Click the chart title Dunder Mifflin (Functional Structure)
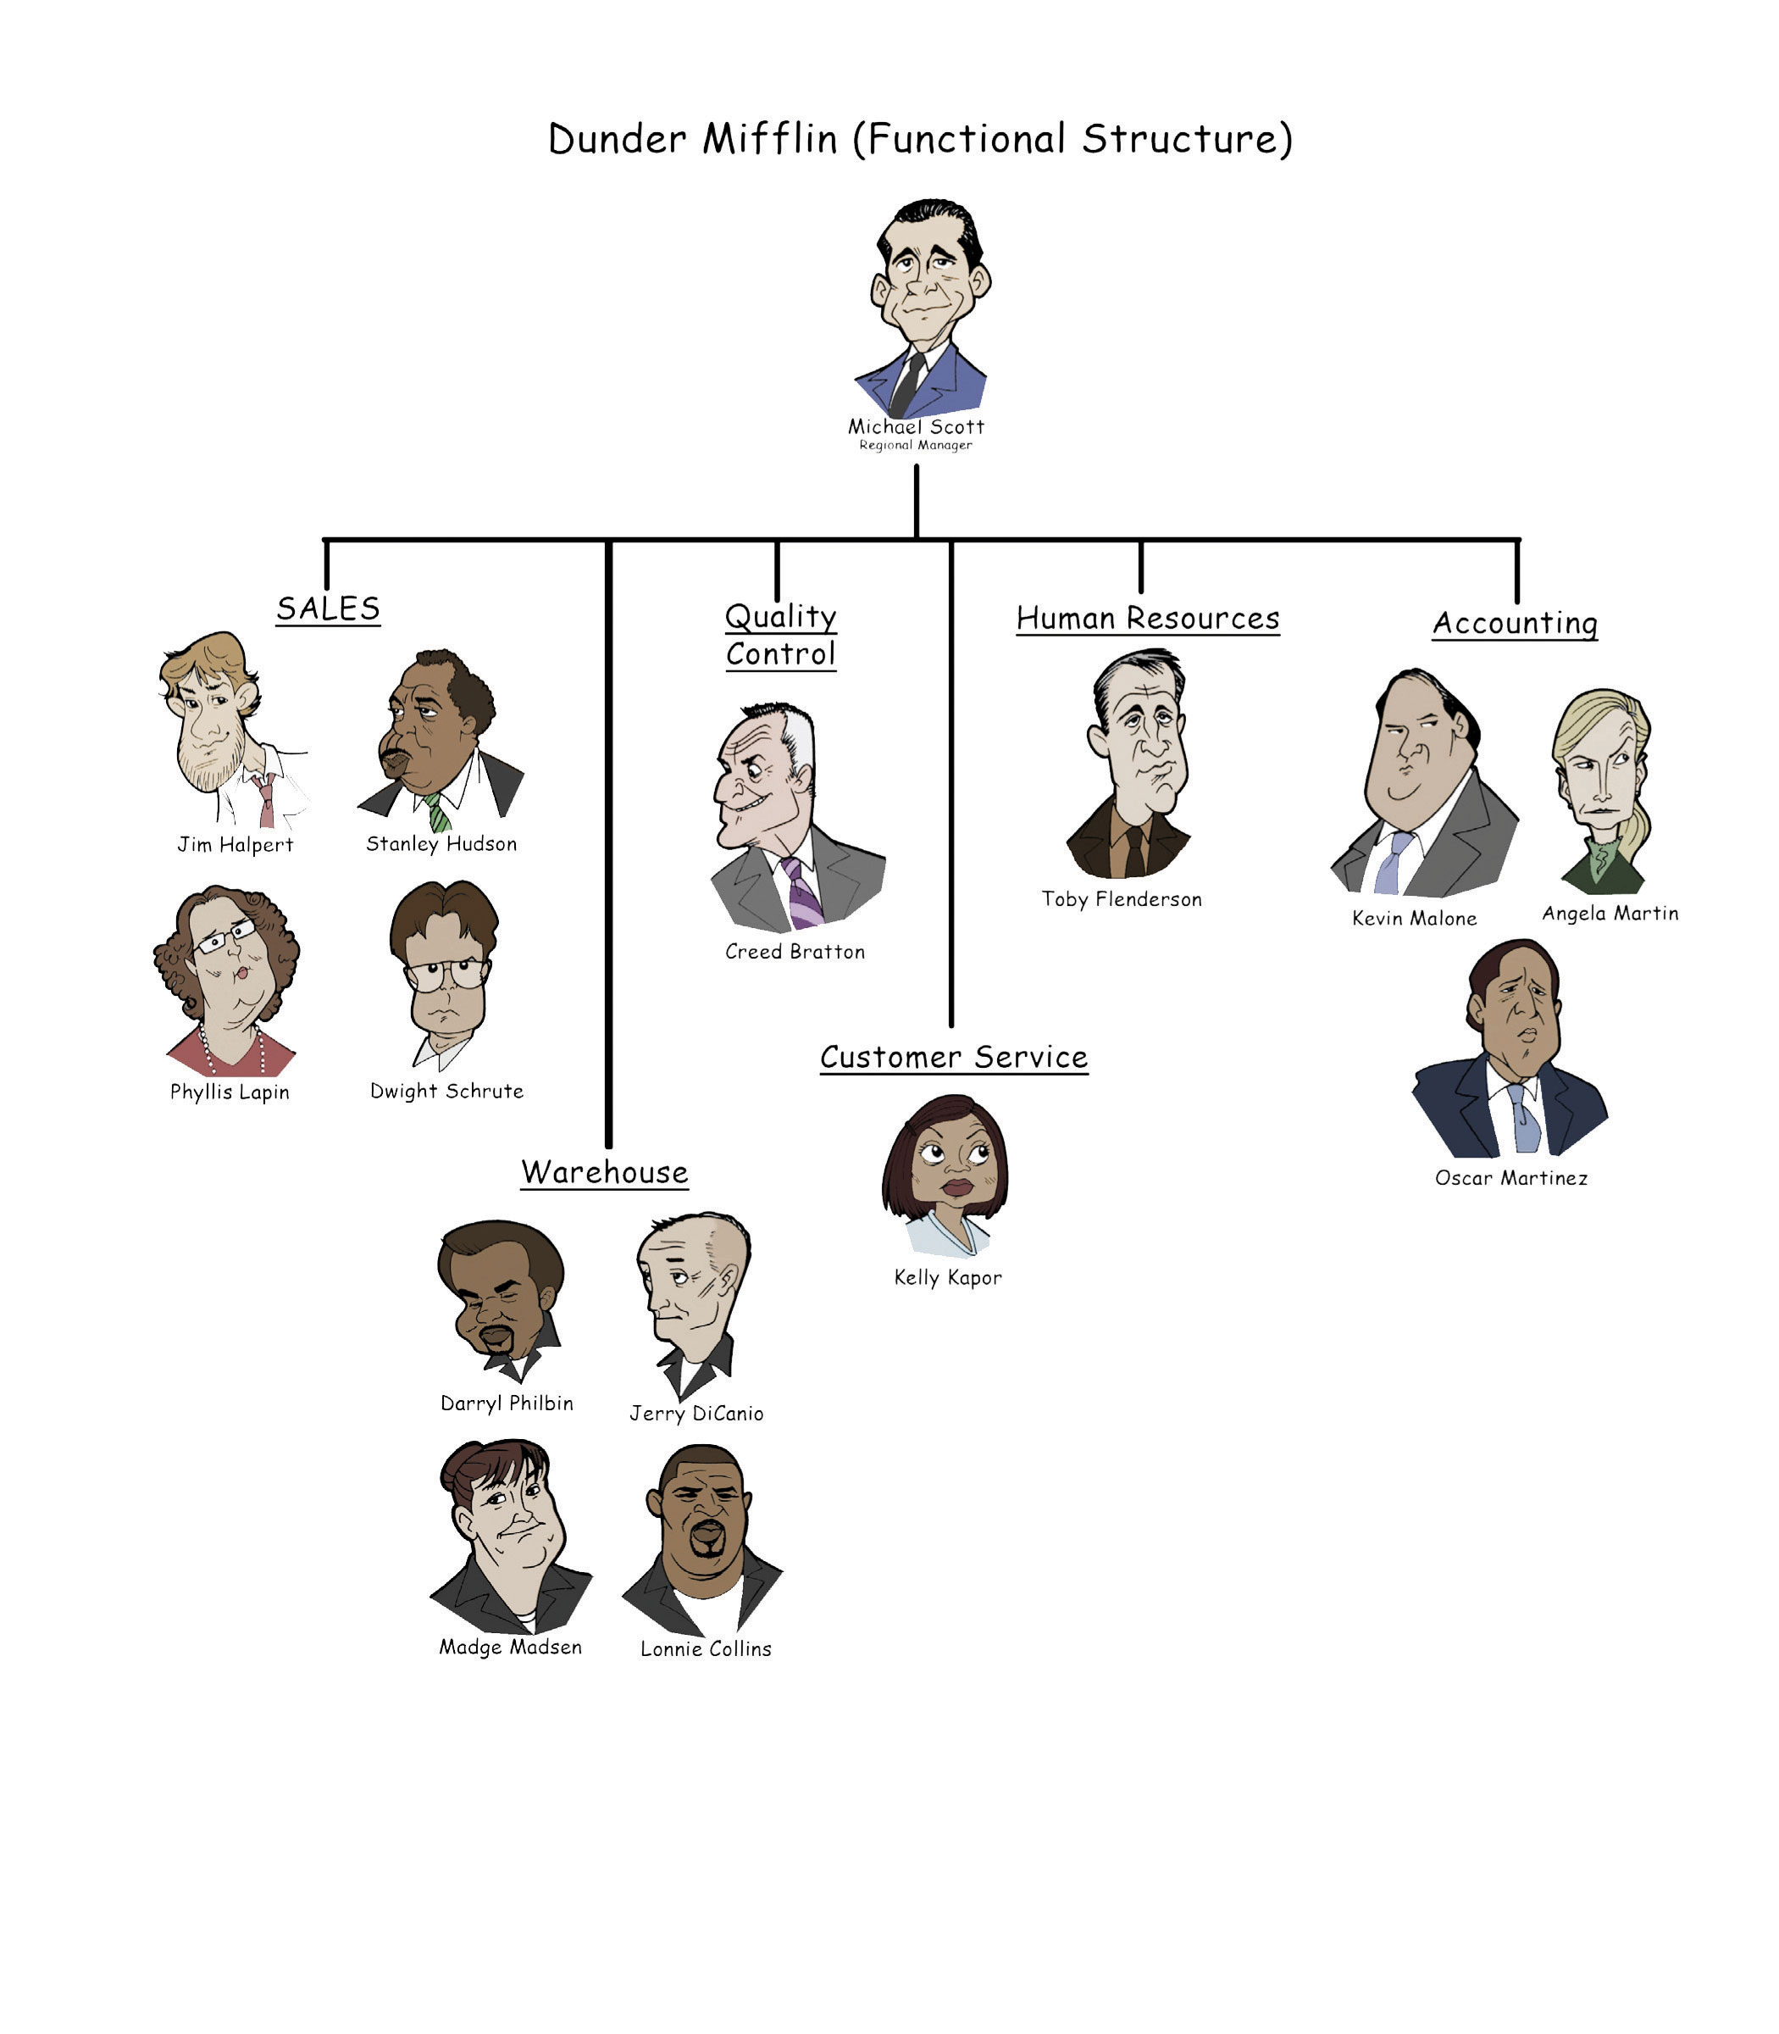pyautogui.click(x=920, y=139)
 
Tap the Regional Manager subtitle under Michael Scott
pyautogui.click(x=915, y=445)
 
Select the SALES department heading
pyautogui.click(x=328, y=608)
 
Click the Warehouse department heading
pyautogui.click(x=605, y=1172)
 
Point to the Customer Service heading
pyautogui.click(x=954, y=1057)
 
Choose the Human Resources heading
pyautogui.click(x=1148, y=618)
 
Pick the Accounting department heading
pyautogui.click(x=1515, y=623)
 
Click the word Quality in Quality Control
pyautogui.click(x=780, y=617)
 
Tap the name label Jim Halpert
pyautogui.click(x=236, y=845)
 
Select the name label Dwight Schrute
pyautogui.click(x=446, y=1091)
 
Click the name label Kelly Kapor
pyautogui.click(x=948, y=1277)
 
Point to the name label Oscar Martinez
pyautogui.click(x=1511, y=1178)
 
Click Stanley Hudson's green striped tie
pyautogui.click(x=438, y=813)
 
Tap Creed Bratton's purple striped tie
pyautogui.click(x=803, y=893)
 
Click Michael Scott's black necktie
pyautogui.click(x=907, y=385)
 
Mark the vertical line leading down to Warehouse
pyautogui.click(x=608, y=844)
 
